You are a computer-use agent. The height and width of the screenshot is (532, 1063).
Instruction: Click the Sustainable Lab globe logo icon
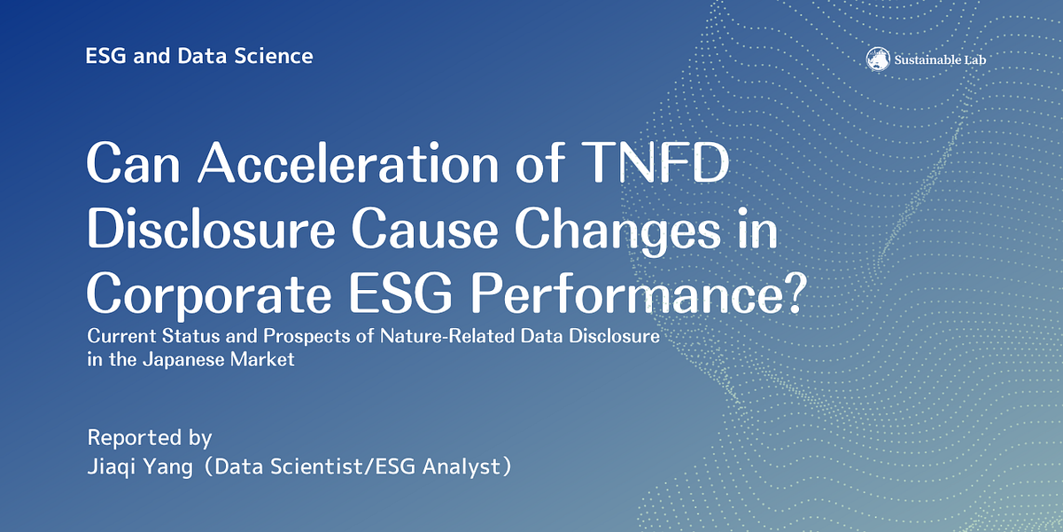point(878,59)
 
